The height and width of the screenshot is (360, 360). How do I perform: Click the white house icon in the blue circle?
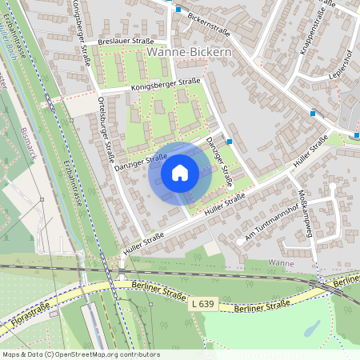(x=180, y=172)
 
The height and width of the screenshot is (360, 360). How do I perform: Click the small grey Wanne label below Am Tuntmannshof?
(x=281, y=263)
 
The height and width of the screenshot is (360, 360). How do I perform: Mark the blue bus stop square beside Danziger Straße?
(x=230, y=141)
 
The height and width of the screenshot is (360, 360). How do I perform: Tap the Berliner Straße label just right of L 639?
(x=259, y=306)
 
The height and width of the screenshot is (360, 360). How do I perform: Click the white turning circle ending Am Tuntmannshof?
(x=240, y=241)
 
